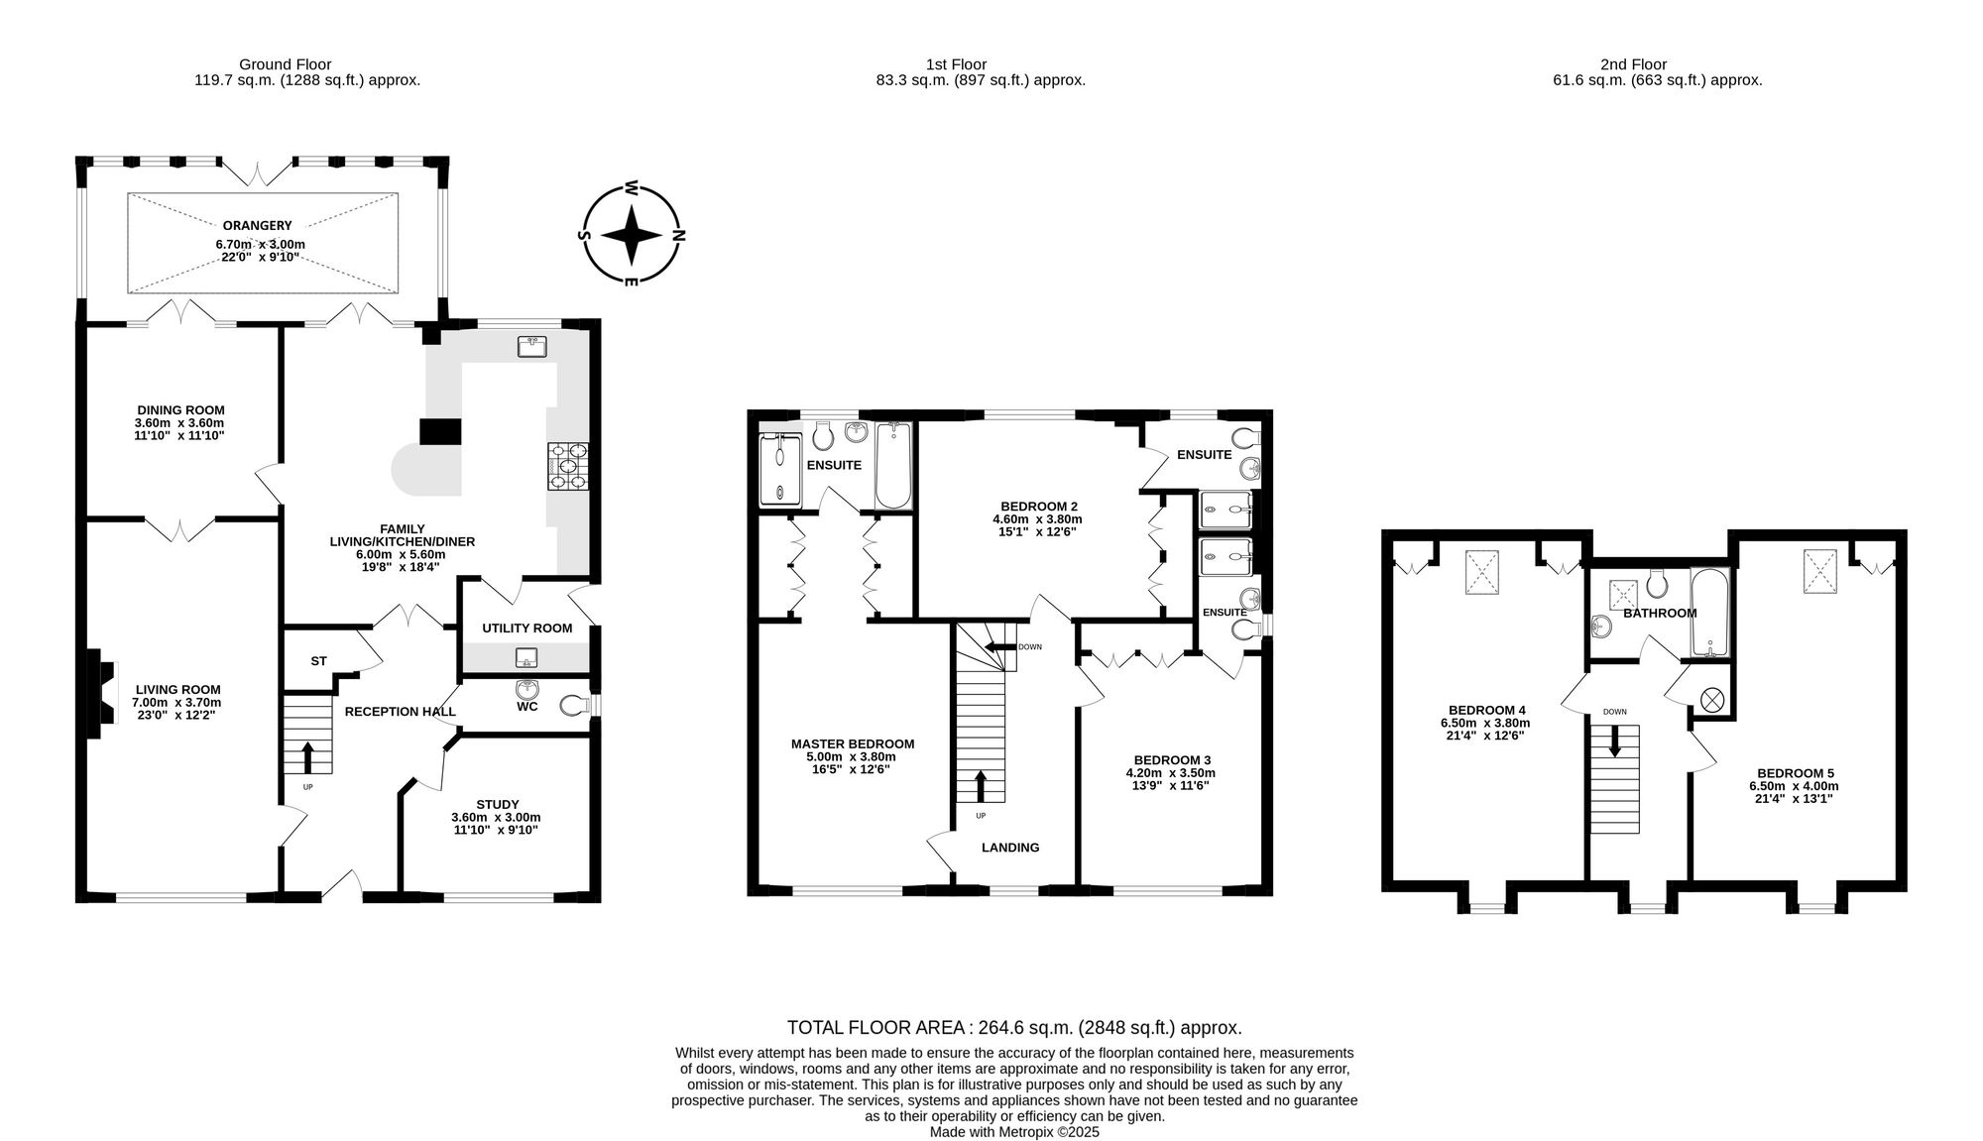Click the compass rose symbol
(x=632, y=235)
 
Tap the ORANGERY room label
(x=257, y=225)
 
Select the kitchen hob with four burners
(x=566, y=466)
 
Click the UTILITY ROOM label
(x=526, y=628)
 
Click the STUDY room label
(x=497, y=804)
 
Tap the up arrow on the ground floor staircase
(x=306, y=756)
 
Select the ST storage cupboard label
(x=318, y=660)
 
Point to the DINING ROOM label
(x=180, y=409)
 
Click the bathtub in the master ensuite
(x=893, y=465)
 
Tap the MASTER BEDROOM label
(x=853, y=743)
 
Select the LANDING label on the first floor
(x=1010, y=848)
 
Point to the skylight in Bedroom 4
(x=1482, y=572)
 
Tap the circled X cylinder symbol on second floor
(x=1711, y=700)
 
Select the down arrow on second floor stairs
(x=1614, y=741)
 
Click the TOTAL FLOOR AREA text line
(x=1014, y=1028)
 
